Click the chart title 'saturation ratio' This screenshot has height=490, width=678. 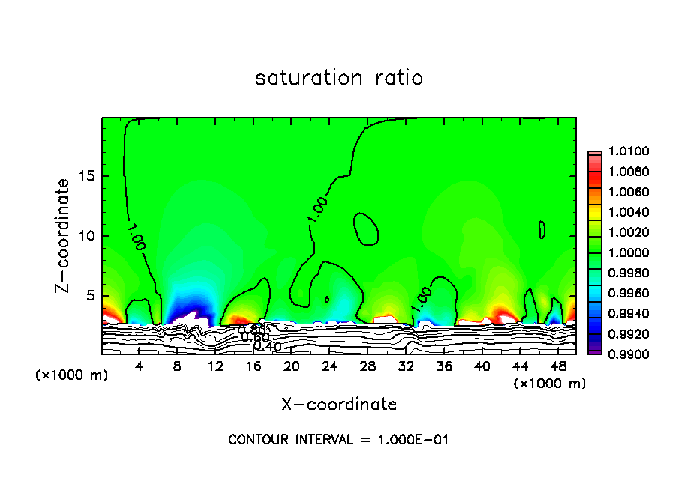click(x=339, y=78)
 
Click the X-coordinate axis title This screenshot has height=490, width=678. click(x=339, y=404)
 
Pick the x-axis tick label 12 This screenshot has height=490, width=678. click(x=215, y=367)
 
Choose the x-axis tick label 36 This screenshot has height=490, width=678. click(x=443, y=367)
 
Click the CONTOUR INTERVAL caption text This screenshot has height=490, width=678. click(x=339, y=440)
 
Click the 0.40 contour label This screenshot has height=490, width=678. click(x=267, y=346)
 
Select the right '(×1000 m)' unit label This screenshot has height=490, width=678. click(x=549, y=384)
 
